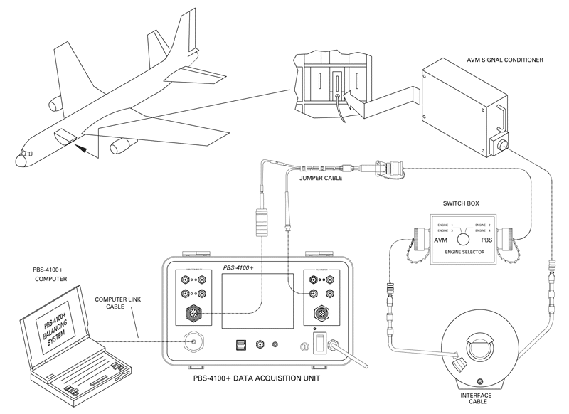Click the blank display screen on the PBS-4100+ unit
[257, 299]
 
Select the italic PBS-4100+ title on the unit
[243, 267]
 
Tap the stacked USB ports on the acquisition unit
[240, 345]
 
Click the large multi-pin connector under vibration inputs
[191, 313]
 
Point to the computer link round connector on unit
[191, 342]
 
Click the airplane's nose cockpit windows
[26, 153]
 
